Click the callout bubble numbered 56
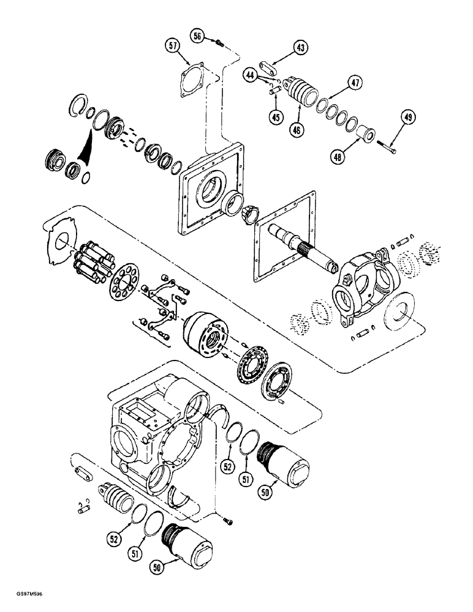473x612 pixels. coord(197,36)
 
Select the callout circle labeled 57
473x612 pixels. coord(173,45)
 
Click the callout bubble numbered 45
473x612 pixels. coord(276,117)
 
